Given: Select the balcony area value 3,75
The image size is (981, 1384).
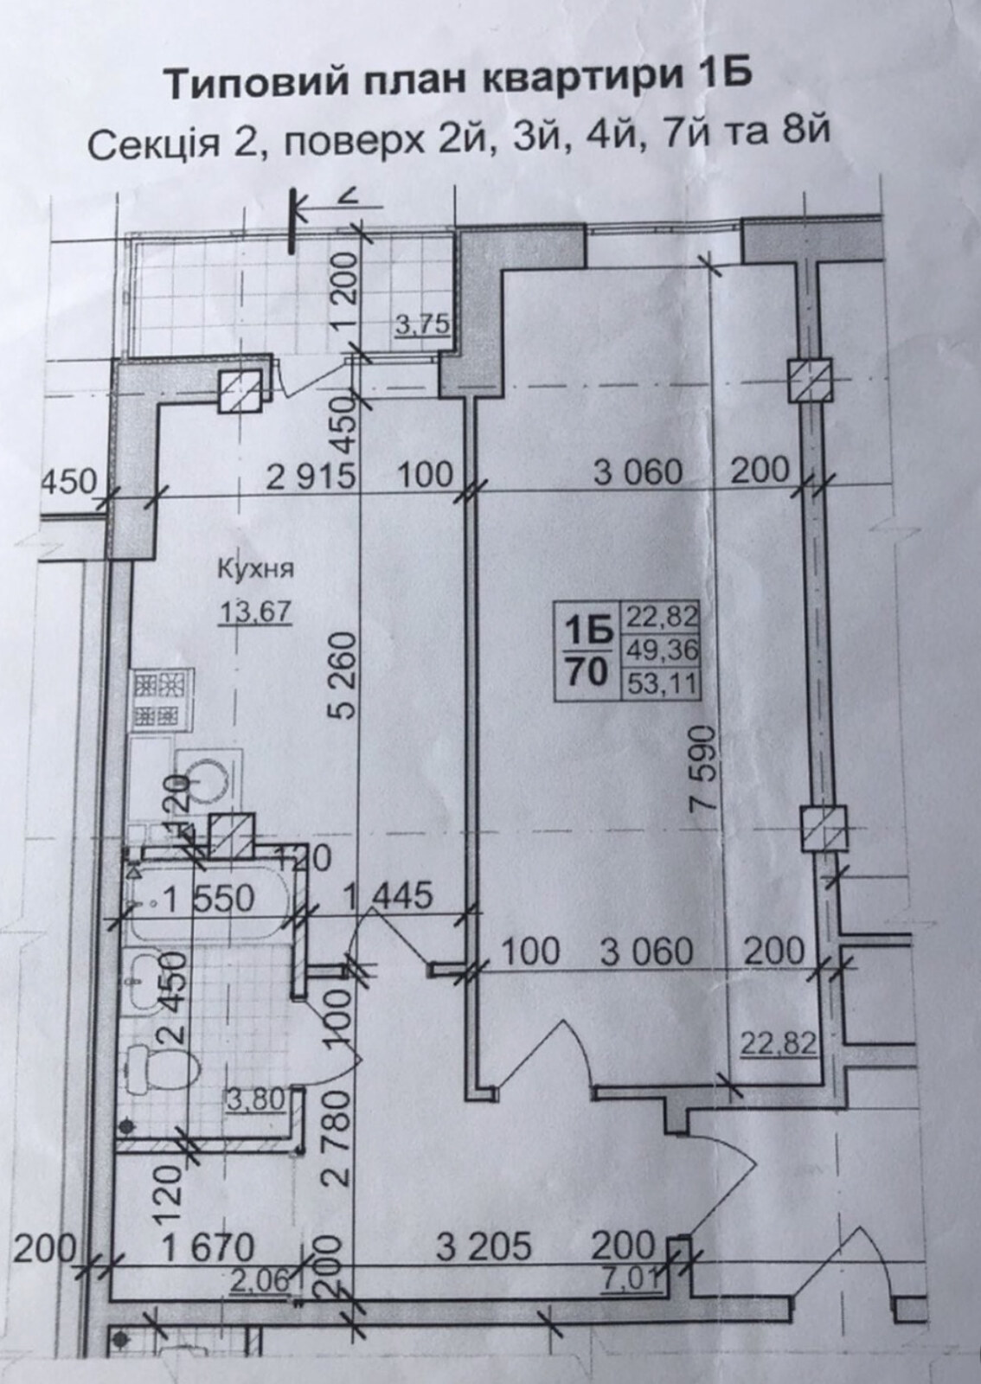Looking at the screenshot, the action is tap(421, 325).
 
